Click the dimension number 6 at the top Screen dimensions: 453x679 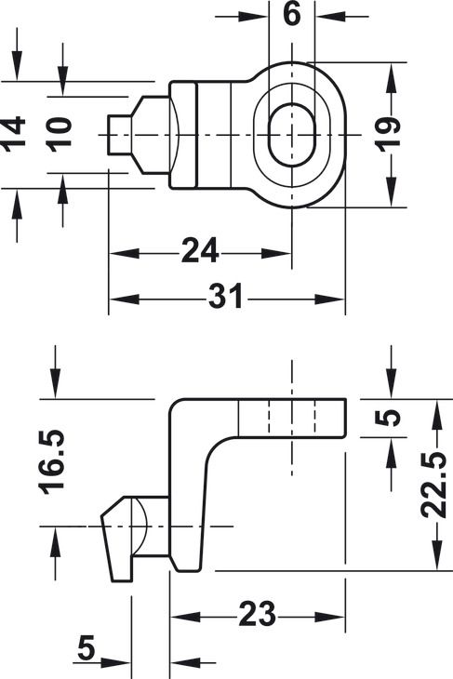point(291,14)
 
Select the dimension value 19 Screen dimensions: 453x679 point(389,134)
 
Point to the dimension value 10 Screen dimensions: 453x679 point(60,134)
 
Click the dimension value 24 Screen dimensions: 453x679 point(200,251)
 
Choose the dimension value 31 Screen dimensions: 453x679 point(226,297)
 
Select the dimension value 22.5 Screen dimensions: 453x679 point(434,485)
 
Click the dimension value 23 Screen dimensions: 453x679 point(258,614)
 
